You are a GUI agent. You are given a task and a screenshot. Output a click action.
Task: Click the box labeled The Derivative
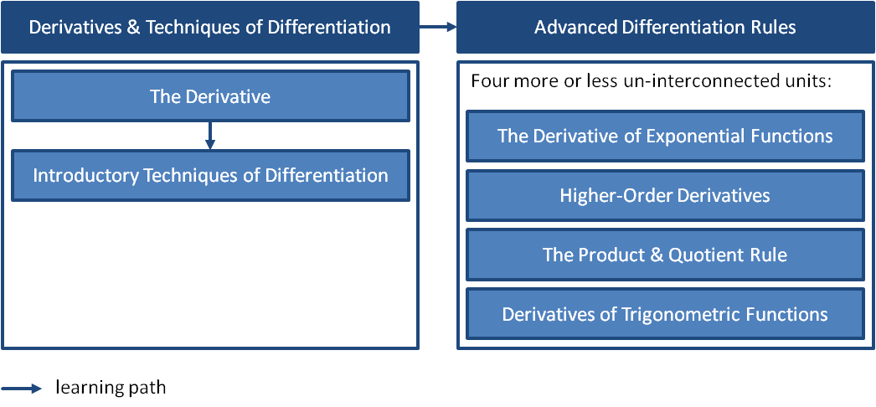point(209,96)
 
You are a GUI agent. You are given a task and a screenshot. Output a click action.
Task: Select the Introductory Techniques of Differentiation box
point(209,176)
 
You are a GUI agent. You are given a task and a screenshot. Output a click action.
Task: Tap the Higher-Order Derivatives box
point(665,196)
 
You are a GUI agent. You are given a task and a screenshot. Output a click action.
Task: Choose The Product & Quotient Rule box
point(665,255)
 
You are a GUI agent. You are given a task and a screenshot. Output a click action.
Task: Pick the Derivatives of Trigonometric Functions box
point(665,315)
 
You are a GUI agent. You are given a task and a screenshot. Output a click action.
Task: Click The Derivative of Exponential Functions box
point(665,136)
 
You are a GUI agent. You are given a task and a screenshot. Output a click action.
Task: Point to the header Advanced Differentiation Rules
point(665,27)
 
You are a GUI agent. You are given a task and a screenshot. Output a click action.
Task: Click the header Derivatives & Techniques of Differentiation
point(209,27)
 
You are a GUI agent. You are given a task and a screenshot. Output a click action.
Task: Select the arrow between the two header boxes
point(438,27)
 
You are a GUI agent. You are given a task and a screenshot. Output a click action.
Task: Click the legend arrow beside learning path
point(22,389)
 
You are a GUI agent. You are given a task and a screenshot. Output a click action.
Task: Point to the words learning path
point(111,389)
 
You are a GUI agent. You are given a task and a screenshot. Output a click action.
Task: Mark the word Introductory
point(86,176)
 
